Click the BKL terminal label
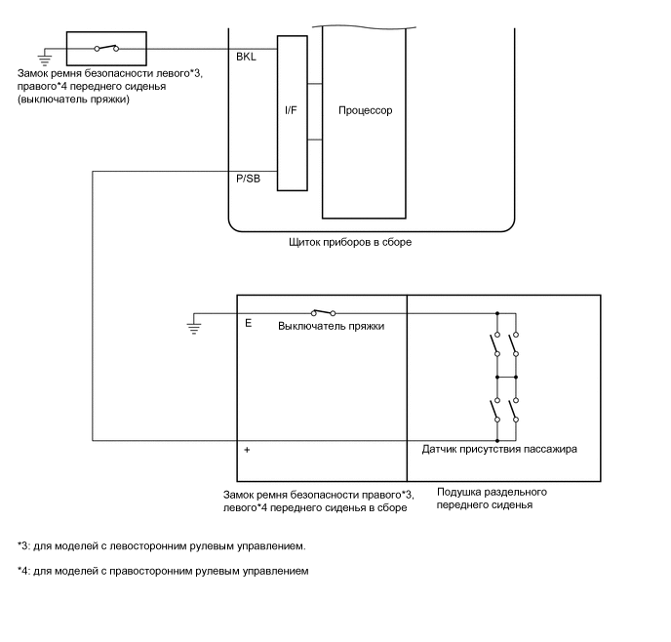[246, 57]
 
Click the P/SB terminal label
[249, 179]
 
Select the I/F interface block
[292, 111]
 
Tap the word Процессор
[365, 110]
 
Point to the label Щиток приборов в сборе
[350, 242]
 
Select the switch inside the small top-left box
[105, 47]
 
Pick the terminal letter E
[248, 322]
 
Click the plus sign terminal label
[248, 450]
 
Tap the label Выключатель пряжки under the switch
[331, 326]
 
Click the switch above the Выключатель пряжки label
[322, 312]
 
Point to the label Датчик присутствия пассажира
[499, 450]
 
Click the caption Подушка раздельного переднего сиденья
[491, 499]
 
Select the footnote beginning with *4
[163, 571]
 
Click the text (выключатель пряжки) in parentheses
[73, 100]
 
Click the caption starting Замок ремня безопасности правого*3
[318, 500]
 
